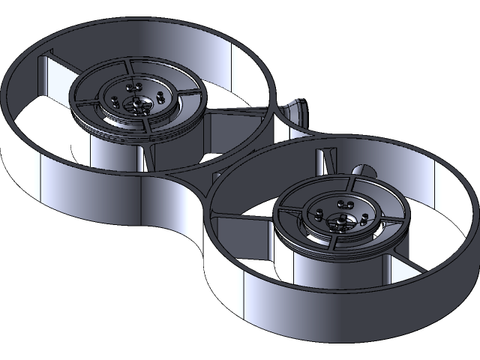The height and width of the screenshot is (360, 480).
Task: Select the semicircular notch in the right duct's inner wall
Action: (x=362, y=171)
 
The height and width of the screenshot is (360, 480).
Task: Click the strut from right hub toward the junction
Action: (x=240, y=218)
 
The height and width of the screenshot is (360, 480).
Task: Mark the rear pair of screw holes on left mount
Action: (x=137, y=86)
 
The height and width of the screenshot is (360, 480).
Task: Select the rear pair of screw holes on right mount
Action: (x=344, y=203)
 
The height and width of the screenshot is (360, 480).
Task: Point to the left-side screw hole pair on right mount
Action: (x=319, y=214)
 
